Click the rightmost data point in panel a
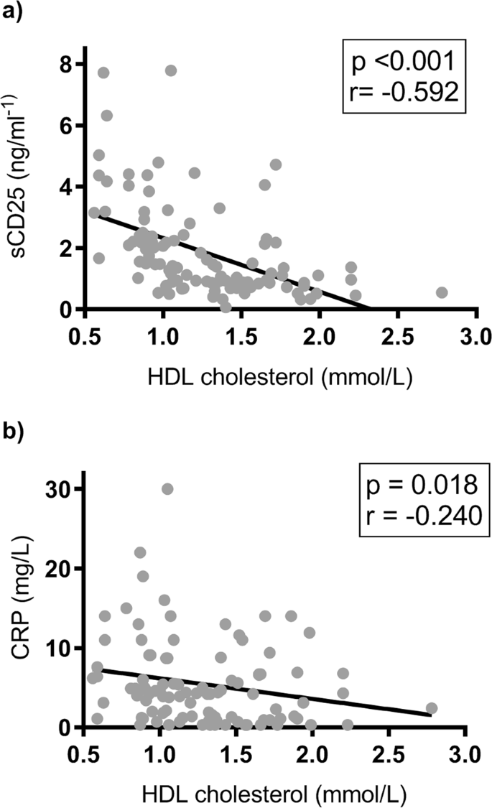tap(442, 292)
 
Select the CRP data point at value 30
tap(167, 488)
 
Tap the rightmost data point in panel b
tap(432, 708)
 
